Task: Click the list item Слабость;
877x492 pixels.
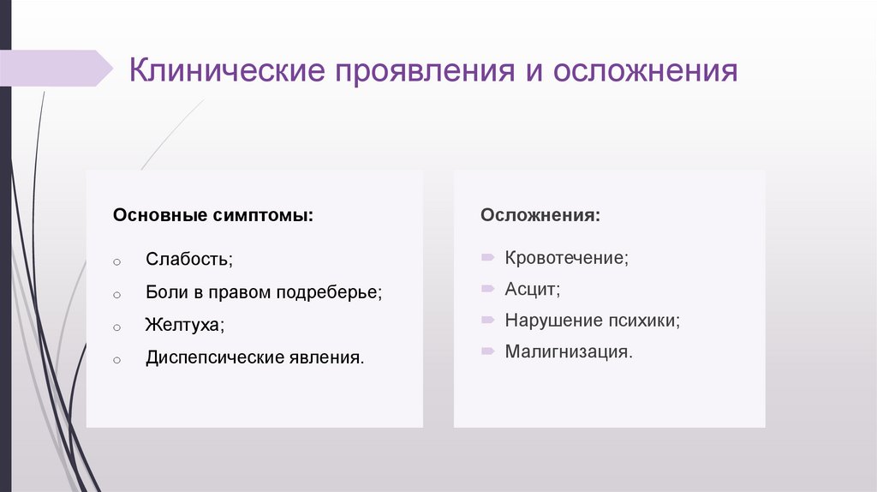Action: pyautogui.click(x=188, y=259)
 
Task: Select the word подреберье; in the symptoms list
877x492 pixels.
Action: pyautogui.click(x=329, y=292)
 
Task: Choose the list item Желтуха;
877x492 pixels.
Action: pyautogui.click(x=185, y=325)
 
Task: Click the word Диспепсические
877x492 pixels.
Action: pyautogui.click(x=210, y=357)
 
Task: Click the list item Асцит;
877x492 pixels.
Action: pyautogui.click(x=533, y=289)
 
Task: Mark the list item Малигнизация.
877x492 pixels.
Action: pyautogui.click(x=570, y=351)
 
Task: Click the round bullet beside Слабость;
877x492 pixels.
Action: pyautogui.click(x=116, y=261)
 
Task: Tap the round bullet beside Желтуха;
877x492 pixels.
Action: pyautogui.click(x=116, y=327)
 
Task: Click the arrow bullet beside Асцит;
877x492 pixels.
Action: pyautogui.click(x=487, y=289)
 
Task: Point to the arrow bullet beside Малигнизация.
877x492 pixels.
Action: pyautogui.click(x=487, y=351)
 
